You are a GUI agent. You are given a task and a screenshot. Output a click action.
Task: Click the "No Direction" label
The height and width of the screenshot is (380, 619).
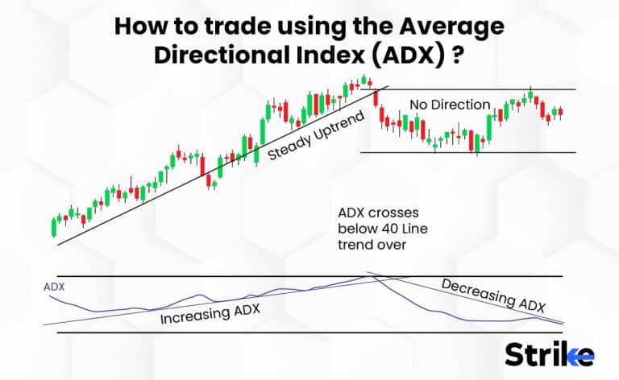pos(449,105)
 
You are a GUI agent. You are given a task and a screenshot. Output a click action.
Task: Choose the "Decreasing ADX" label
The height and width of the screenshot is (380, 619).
pos(493,295)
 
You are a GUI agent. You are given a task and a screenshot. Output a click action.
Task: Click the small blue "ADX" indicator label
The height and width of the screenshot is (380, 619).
pos(55,286)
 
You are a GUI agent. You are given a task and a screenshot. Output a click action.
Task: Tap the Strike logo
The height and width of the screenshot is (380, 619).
pos(549,354)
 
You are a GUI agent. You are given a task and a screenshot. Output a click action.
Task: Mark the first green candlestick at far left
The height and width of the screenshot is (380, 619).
pos(54,226)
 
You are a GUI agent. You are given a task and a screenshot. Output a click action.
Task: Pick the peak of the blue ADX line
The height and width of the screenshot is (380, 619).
pos(370,276)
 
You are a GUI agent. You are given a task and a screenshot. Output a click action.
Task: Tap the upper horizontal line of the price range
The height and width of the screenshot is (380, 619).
pos(484,89)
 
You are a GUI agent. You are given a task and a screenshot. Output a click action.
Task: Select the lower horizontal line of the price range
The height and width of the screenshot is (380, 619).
pos(484,152)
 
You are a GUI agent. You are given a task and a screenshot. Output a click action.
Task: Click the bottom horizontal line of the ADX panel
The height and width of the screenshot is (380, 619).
pos(306,332)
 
